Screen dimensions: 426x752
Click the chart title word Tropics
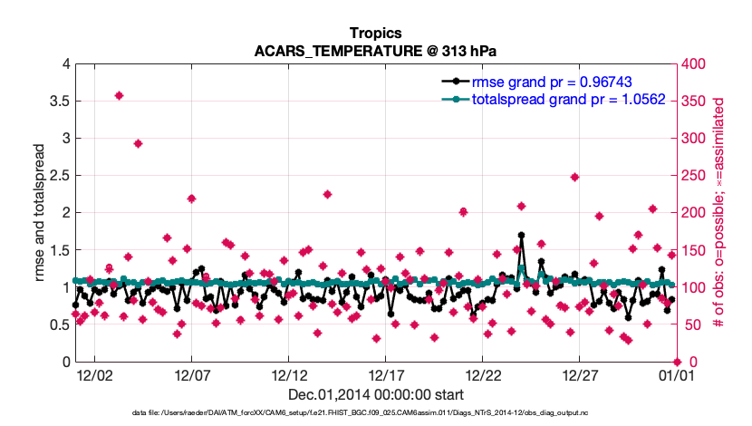click(376, 34)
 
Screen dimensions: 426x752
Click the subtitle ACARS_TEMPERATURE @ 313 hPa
click(376, 51)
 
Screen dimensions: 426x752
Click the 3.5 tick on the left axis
click(59, 102)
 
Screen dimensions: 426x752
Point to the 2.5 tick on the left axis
click(59, 176)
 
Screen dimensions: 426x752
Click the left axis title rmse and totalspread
click(42, 213)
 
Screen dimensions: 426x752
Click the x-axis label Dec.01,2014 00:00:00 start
click(376, 394)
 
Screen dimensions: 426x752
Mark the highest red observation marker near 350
click(119, 95)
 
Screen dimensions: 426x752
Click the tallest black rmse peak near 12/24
click(521, 235)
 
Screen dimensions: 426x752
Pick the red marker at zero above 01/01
click(676, 362)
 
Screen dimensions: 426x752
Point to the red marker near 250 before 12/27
click(574, 177)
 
